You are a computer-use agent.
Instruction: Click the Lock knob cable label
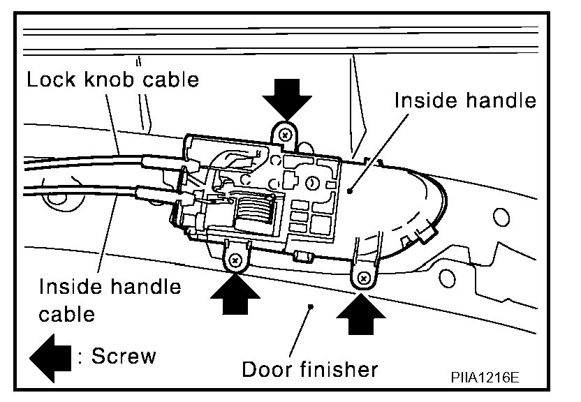[x=112, y=80]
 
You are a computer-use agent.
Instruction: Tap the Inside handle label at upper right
[x=465, y=100]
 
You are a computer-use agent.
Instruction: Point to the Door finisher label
[x=310, y=368]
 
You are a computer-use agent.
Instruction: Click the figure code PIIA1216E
[x=485, y=378]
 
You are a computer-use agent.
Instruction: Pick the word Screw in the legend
[x=124, y=356]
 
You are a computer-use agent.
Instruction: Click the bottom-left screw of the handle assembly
[x=235, y=260]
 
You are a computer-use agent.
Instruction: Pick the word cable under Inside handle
[x=66, y=314]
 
